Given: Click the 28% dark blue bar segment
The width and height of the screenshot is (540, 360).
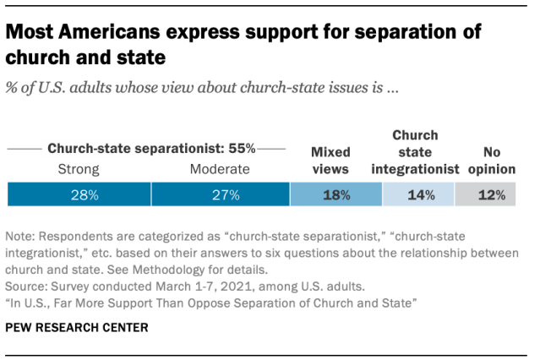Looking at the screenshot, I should pyautogui.click(x=79, y=194).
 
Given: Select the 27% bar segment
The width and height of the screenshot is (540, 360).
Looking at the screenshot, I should pyautogui.click(x=220, y=194).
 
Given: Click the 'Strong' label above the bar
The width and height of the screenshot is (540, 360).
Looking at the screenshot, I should pyautogui.click(x=79, y=169).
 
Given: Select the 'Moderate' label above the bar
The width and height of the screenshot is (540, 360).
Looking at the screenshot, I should pyautogui.click(x=220, y=169).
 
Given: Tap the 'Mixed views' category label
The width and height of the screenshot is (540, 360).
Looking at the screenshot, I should pyautogui.click(x=330, y=161).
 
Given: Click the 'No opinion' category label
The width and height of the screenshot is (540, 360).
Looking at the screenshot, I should pyautogui.click(x=492, y=161).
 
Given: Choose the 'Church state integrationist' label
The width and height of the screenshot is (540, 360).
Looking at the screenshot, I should pyautogui.click(x=414, y=152).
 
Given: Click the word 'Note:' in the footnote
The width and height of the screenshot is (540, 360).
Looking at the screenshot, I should pyautogui.click(x=21, y=238).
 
